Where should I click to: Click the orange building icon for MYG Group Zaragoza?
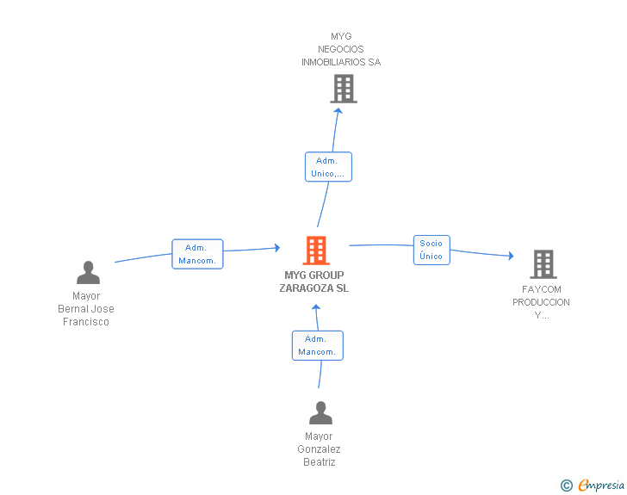point(316,251)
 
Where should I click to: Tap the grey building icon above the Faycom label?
point(543,264)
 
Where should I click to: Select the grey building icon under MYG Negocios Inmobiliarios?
point(344,89)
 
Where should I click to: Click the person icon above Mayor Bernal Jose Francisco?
point(89,272)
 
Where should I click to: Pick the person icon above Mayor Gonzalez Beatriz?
point(320,412)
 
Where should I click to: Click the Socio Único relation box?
point(431,250)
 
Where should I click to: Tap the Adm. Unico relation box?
point(328,167)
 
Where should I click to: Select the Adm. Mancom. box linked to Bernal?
point(197,254)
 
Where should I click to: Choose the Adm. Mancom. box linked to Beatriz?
point(318,345)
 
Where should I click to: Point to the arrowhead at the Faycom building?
point(511,256)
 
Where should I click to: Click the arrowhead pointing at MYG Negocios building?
point(338,111)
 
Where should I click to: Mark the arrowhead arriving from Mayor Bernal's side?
point(277,248)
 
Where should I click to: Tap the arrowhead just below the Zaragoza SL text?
point(316,307)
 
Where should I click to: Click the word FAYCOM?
point(542,289)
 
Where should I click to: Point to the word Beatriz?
point(319,462)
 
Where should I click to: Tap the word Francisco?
point(86,322)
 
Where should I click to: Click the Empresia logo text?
point(601,485)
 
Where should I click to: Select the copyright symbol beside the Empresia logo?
point(567,486)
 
